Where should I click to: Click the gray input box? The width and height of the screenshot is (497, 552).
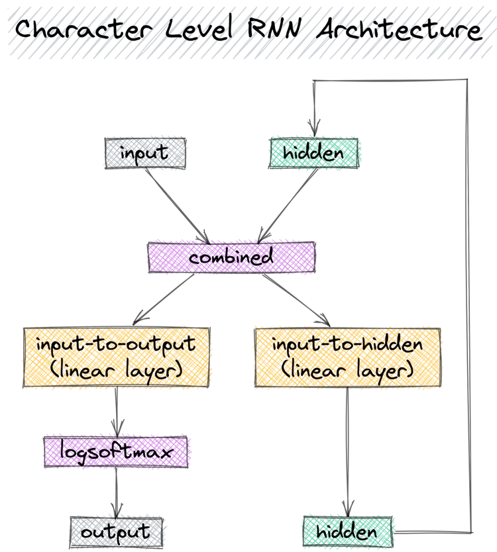145,153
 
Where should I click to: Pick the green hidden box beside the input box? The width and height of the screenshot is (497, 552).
313,153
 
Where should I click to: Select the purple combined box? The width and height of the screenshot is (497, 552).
231,256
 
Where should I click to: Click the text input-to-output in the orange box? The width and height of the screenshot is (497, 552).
116,344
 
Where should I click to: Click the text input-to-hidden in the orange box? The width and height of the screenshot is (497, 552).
347,344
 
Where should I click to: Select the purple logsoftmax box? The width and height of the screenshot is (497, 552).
117,452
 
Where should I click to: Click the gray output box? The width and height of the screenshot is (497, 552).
115,531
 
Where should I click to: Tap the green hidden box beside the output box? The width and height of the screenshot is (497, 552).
347,531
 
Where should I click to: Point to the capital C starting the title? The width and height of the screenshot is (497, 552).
25,30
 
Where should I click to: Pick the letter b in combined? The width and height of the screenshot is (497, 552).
237,255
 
